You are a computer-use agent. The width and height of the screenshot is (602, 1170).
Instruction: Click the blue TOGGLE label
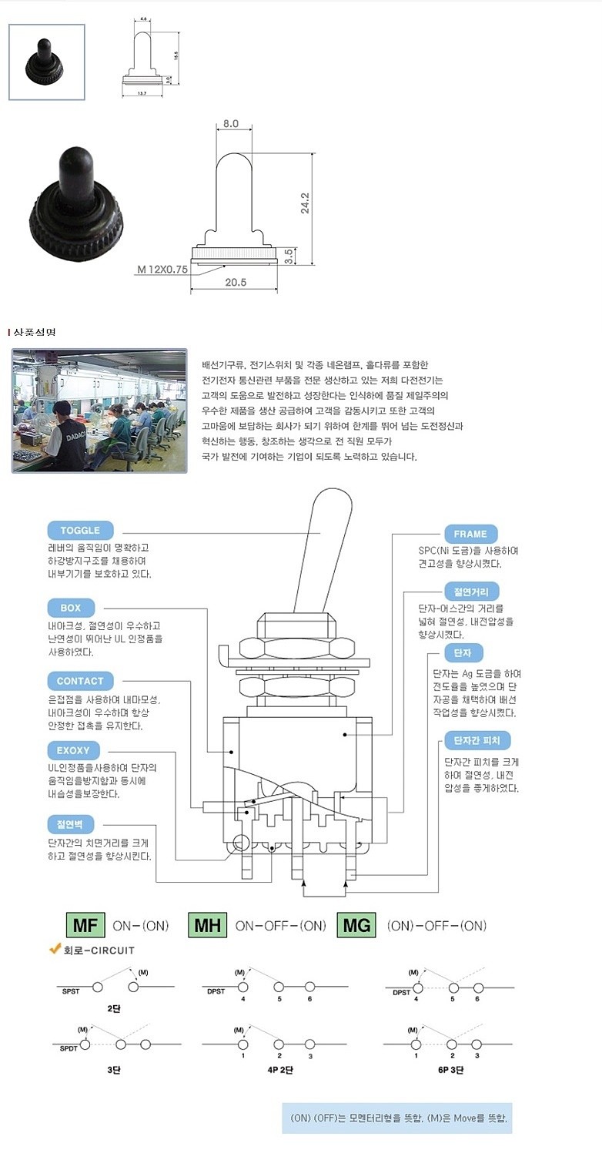pos(80,530)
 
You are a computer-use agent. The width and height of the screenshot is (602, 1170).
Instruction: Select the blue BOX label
pos(70,608)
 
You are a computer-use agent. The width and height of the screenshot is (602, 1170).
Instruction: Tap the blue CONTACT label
pos(80,681)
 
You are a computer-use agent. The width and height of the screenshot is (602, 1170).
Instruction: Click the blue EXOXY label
pos(73,750)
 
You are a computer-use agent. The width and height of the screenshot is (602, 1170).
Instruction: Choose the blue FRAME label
pos(470,534)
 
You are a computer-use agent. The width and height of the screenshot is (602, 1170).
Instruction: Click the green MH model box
pos(207,925)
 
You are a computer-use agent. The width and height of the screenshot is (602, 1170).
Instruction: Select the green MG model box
pos(356,925)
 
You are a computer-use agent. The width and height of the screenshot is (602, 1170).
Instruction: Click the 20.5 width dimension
pos(235,283)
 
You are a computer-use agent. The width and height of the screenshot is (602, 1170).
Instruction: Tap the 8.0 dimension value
pos(231,123)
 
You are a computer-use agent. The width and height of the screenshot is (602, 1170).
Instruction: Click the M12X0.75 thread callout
pos(162,270)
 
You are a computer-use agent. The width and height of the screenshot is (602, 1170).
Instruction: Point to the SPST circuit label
pos(71,991)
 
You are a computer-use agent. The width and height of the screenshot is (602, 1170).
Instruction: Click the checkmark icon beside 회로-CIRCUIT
pos(55,949)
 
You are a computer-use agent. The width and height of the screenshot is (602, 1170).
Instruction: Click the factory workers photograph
pos(99,411)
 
